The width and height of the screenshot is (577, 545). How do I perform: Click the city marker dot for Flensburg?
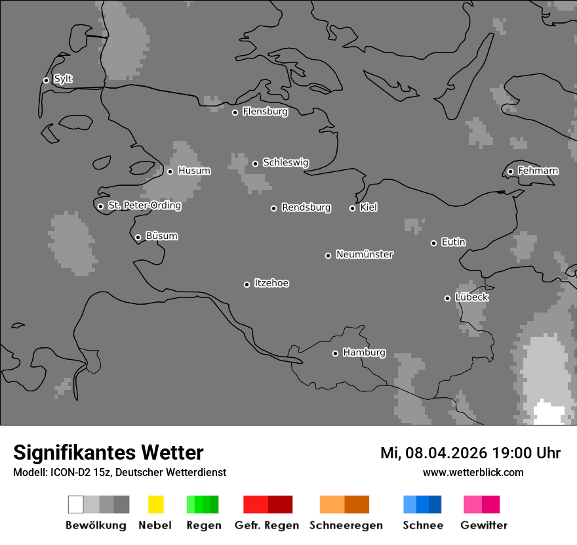tap(235, 112)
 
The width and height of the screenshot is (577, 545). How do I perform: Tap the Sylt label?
tap(63, 79)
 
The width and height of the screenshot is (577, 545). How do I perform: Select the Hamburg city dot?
tap(335, 353)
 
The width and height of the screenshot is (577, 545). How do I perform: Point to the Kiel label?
tap(368, 207)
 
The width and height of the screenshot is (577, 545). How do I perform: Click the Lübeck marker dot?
tap(447, 298)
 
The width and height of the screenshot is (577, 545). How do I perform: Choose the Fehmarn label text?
tap(538, 171)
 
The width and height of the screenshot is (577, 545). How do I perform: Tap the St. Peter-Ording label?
tap(144, 206)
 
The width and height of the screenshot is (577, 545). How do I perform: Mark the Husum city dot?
tap(170, 171)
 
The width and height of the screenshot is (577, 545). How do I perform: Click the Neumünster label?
tap(365, 254)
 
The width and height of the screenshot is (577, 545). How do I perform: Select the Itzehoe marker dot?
tap(247, 284)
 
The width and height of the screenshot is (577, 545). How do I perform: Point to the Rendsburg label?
tap(306, 207)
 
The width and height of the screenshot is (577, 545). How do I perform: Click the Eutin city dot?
tap(433, 243)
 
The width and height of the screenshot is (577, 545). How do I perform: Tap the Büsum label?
tap(161, 236)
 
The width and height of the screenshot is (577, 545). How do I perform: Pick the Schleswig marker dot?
tap(255, 163)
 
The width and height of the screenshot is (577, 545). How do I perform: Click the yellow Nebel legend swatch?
tap(155, 504)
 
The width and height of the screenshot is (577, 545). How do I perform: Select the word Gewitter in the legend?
tap(484, 525)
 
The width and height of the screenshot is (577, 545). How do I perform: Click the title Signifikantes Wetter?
tap(108, 452)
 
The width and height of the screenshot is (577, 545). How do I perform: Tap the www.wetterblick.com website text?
tap(473, 472)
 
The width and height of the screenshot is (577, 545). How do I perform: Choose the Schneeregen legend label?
tap(346, 525)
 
